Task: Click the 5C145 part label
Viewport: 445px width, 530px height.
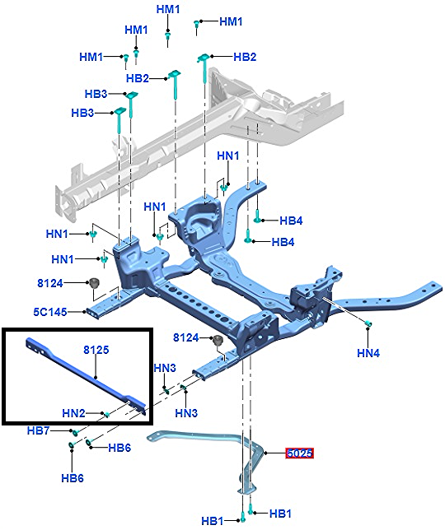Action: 50,312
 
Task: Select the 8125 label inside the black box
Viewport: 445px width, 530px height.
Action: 96,350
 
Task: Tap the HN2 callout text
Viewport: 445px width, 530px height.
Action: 73,413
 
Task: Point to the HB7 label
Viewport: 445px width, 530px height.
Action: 38,430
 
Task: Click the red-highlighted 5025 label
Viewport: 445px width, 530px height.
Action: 300,453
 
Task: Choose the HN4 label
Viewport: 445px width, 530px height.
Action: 368,353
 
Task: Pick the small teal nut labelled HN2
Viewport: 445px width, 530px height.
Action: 107,415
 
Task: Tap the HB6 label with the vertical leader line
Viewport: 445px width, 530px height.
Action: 73,478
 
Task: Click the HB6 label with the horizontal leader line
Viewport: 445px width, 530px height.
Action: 119,448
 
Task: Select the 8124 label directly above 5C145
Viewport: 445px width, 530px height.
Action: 50,282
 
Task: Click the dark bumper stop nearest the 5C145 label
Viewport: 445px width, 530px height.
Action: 94,282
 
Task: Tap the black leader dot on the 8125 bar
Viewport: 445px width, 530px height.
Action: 96,377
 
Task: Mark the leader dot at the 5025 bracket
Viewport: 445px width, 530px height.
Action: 265,453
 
